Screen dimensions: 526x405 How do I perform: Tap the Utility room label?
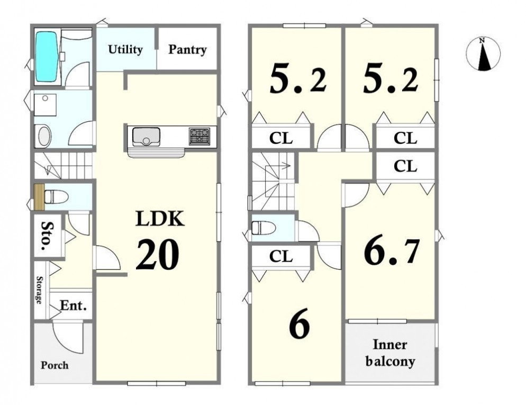(x=125, y=50)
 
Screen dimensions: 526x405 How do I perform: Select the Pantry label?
(x=187, y=50)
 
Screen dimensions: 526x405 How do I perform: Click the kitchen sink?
(x=146, y=136)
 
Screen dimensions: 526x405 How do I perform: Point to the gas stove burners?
(x=199, y=136)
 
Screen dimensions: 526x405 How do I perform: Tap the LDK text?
(x=160, y=219)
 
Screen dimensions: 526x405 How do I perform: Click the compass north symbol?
(x=483, y=53)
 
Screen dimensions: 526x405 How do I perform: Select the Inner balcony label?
(x=390, y=353)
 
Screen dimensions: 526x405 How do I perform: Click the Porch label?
(x=55, y=365)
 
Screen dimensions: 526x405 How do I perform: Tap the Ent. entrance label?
(x=74, y=305)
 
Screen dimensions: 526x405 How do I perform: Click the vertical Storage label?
(x=39, y=290)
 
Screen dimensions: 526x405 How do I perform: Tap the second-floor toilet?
(x=264, y=228)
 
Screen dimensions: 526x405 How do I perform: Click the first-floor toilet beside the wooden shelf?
(x=56, y=196)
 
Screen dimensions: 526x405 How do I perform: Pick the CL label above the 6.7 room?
(x=405, y=166)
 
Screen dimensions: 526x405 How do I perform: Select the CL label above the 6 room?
(x=281, y=257)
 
